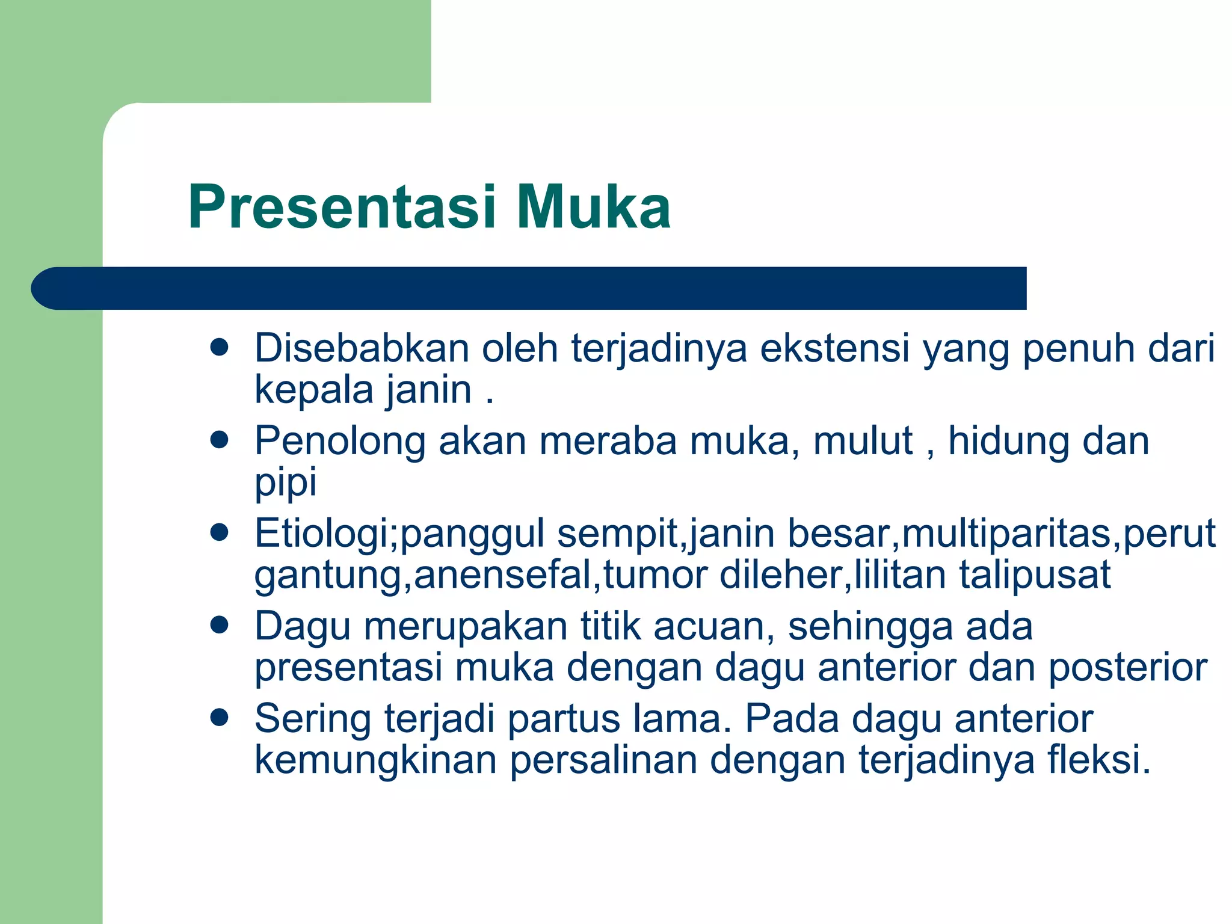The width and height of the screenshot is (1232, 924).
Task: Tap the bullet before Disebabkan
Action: [220, 348]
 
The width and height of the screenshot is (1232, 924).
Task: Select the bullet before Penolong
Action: [220, 440]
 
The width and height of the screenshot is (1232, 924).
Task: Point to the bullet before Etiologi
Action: [220, 532]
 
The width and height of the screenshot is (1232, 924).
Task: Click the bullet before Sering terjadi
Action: [220, 718]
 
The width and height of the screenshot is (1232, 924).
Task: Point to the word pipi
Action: [285, 483]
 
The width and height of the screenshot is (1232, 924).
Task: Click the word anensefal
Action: [503, 574]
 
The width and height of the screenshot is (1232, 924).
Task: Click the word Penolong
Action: [340, 441]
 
